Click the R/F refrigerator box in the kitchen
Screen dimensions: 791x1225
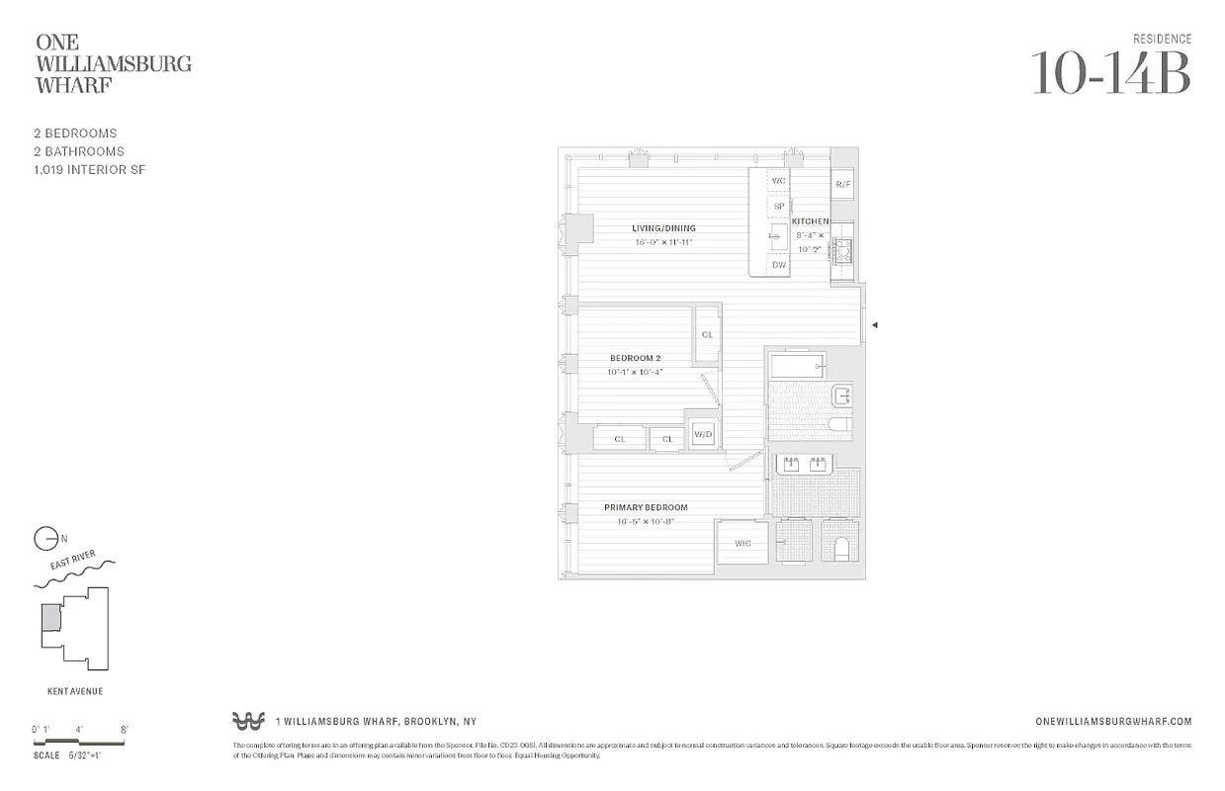(x=843, y=185)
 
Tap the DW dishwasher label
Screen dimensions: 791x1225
(x=779, y=265)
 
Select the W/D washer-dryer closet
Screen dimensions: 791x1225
(x=703, y=434)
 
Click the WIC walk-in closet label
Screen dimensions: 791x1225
(x=743, y=543)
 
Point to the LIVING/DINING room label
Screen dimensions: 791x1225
(x=663, y=228)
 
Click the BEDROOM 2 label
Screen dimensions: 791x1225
(x=635, y=358)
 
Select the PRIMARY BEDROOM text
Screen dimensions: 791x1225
(x=646, y=507)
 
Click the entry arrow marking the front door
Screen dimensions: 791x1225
(x=874, y=324)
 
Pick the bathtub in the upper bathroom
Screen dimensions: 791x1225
(x=797, y=367)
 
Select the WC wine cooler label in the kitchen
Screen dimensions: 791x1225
(x=779, y=181)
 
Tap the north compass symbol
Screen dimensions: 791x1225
(x=45, y=539)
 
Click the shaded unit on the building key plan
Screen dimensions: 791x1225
(x=49, y=619)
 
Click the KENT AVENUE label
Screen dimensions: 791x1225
(x=75, y=692)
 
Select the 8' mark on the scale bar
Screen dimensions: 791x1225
(x=124, y=730)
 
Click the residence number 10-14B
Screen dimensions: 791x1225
(x=1110, y=73)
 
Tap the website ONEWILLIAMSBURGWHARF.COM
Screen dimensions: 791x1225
(x=1112, y=722)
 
